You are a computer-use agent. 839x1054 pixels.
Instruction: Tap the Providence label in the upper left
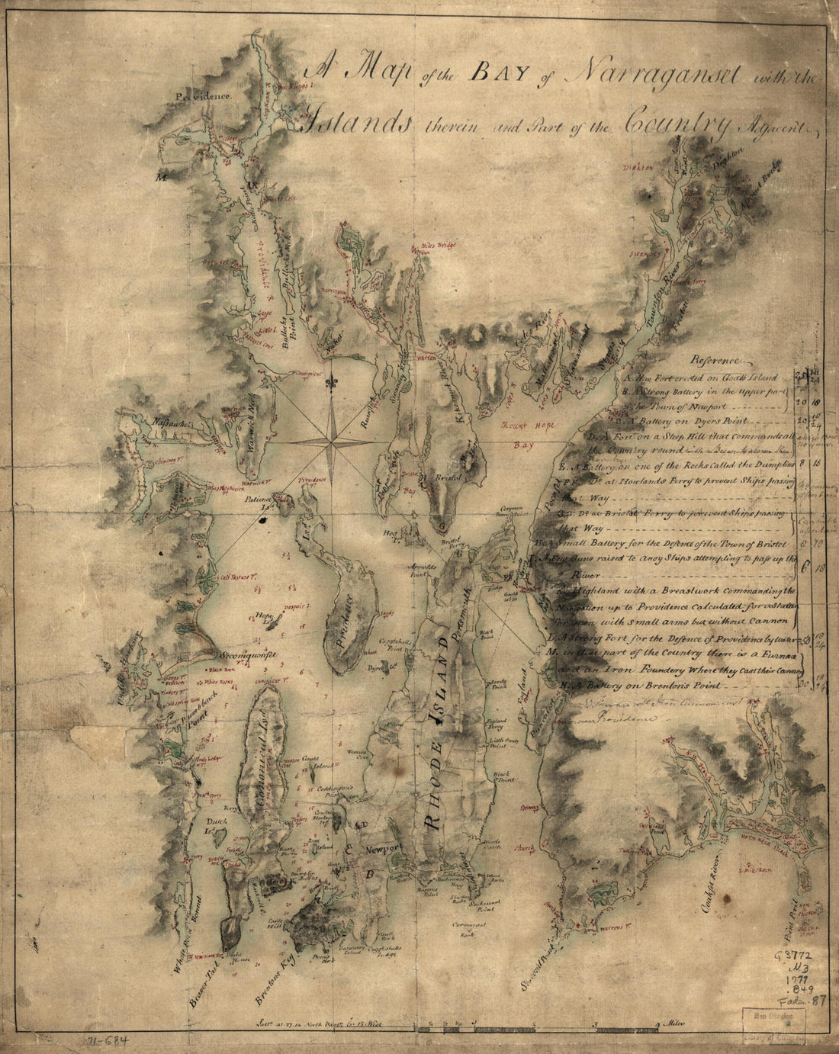pyautogui.click(x=201, y=96)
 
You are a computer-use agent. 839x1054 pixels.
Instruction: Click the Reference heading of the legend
pyautogui.click(x=715, y=360)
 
